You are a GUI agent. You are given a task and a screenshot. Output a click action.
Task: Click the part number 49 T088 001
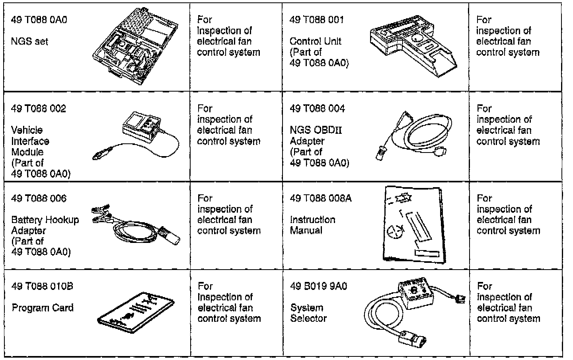tap(317, 20)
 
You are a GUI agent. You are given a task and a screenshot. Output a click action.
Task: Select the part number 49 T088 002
tap(39, 109)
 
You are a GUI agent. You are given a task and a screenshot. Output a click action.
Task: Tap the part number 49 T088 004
tap(317, 109)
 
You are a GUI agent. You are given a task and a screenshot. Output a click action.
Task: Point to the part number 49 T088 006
tap(39, 198)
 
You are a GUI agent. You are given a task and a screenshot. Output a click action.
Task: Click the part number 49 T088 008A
tap(321, 198)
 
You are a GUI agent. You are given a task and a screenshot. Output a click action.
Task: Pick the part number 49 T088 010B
tap(42, 286)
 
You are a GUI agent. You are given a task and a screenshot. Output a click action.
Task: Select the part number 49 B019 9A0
tap(318, 286)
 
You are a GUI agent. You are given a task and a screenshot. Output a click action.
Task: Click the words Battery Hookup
tap(45, 220)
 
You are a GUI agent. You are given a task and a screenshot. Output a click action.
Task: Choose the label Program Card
tap(43, 308)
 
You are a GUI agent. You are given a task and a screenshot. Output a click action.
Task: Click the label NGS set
tap(30, 41)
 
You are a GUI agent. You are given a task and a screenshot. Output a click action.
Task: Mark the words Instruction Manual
tap(312, 225)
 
